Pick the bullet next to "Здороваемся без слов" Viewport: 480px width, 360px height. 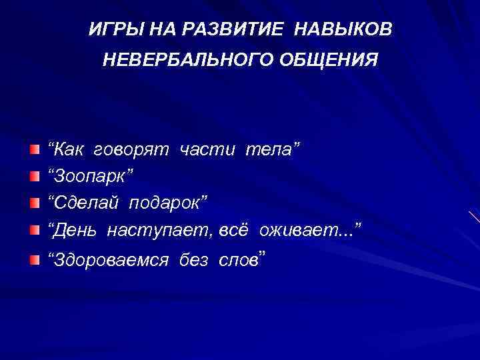35,259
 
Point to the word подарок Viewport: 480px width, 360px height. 167,203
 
